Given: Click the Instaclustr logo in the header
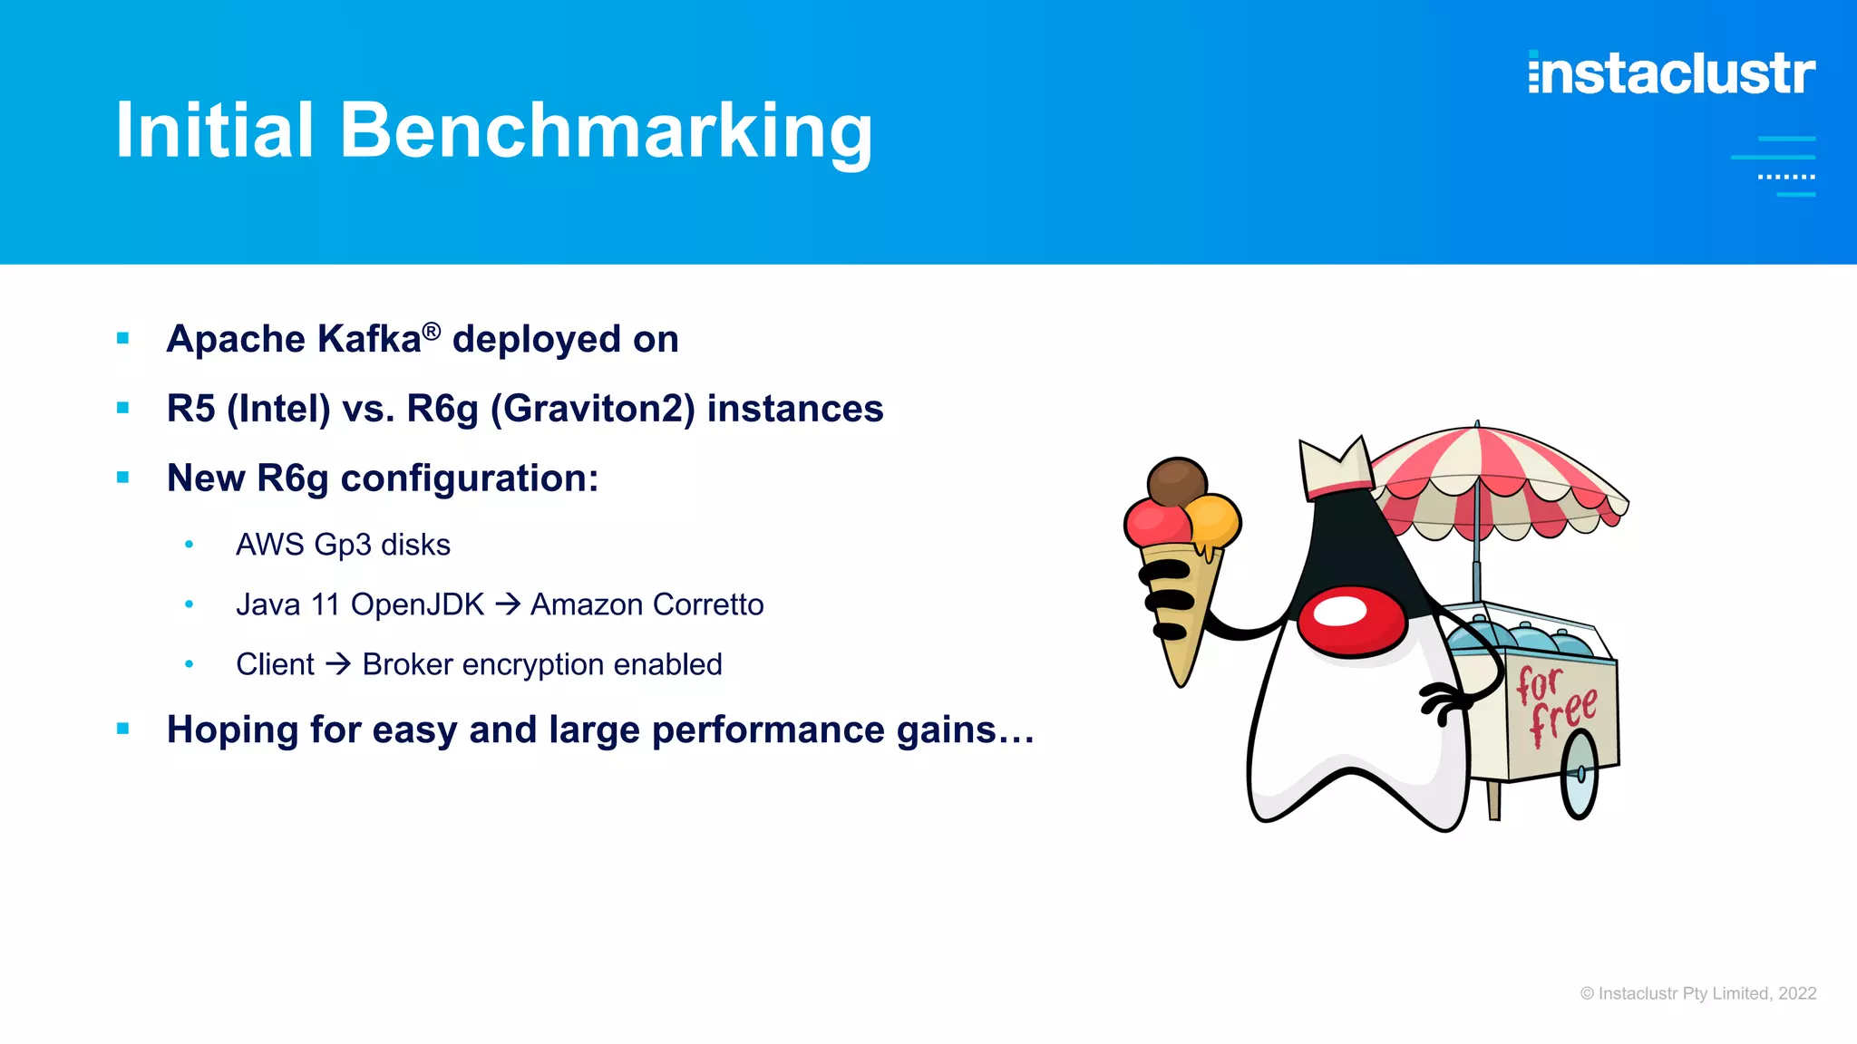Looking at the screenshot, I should click(x=1671, y=73).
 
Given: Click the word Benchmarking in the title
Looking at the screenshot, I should click(x=606, y=131).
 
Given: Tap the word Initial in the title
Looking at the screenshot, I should click(x=215, y=131).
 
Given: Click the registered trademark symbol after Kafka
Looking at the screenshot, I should click(x=432, y=331).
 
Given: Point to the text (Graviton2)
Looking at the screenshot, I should click(x=593, y=409).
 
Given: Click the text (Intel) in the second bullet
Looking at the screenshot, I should click(x=278, y=409).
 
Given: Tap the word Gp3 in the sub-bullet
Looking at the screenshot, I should click(x=342, y=545).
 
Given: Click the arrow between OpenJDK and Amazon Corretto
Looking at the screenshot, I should click(x=508, y=604).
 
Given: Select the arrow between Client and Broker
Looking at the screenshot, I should click(x=338, y=664).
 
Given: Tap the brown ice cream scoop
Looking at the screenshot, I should click(x=1176, y=480).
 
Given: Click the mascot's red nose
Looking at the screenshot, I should click(x=1350, y=619).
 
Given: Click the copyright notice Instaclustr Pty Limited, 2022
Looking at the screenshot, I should click(x=1697, y=993).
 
